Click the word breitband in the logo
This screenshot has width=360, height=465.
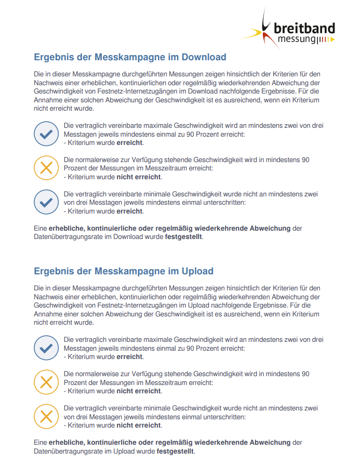point(304,28)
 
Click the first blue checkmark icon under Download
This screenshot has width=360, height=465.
point(46,134)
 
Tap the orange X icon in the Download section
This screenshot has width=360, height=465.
point(46,168)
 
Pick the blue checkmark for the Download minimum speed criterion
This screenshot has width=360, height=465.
point(46,202)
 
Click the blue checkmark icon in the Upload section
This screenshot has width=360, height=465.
point(46,348)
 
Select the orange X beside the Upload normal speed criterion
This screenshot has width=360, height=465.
point(46,382)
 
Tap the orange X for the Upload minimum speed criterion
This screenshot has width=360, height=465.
point(46,416)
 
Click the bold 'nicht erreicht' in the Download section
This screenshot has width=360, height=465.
point(139,177)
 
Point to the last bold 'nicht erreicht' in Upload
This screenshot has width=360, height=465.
point(139,425)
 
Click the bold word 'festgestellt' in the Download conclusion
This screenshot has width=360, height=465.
point(184,237)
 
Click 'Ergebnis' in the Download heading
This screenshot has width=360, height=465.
point(55,57)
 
